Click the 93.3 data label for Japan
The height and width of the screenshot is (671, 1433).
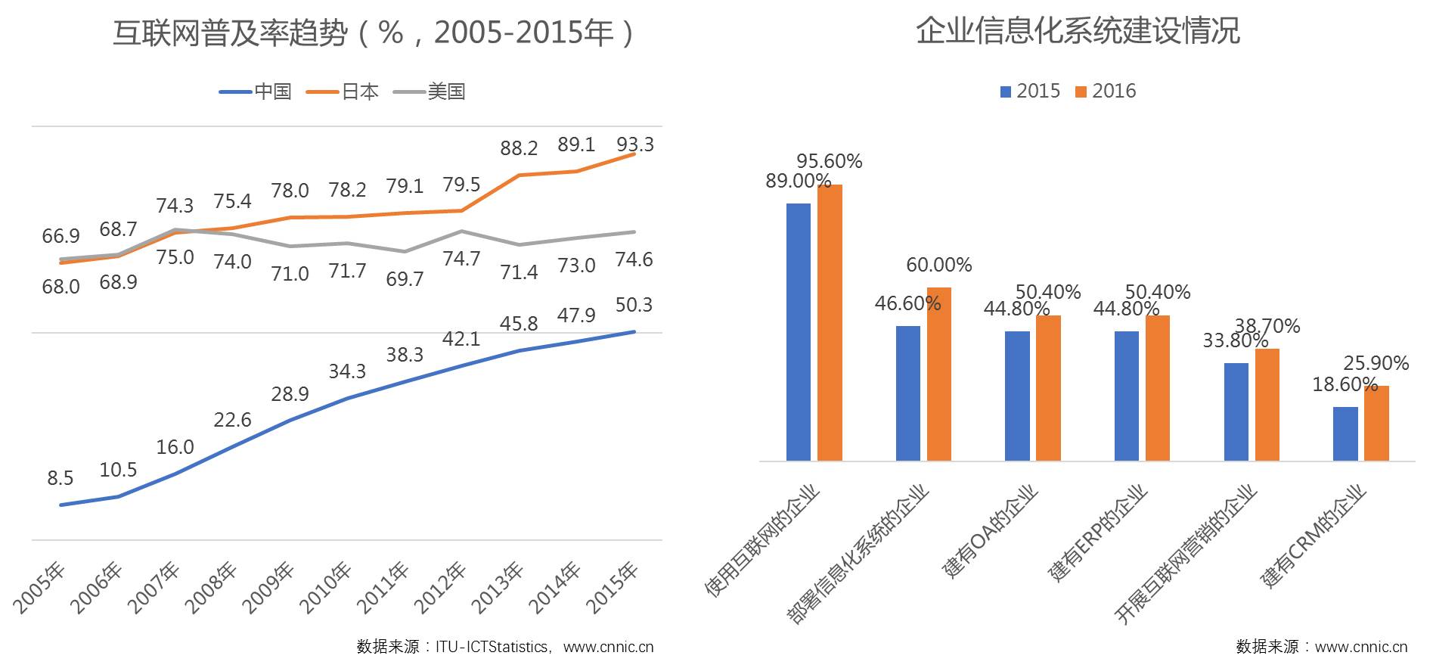coord(635,144)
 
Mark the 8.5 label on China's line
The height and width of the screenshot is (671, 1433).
coord(60,478)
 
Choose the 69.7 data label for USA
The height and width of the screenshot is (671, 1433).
coord(405,279)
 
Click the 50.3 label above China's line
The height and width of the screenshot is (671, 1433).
coord(634,305)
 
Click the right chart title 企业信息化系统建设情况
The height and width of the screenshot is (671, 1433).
coord(1078,31)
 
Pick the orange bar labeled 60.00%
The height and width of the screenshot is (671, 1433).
coord(939,374)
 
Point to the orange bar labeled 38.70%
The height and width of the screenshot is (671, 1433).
coord(1267,404)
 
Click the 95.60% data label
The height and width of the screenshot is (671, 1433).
coord(829,161)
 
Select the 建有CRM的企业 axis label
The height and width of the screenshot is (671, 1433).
coord(1314,536)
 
